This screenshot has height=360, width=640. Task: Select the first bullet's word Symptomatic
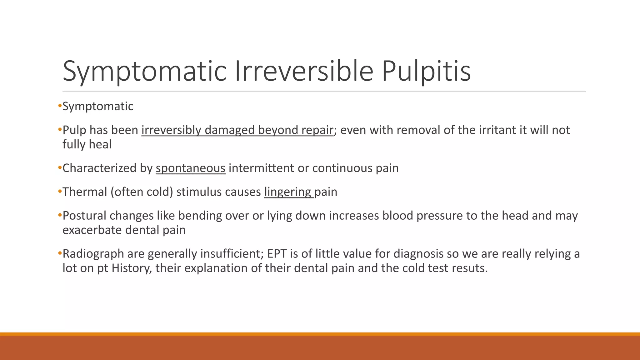(98, 107)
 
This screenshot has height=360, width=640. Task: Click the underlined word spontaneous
(190, 168)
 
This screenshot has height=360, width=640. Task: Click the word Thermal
(85, 192)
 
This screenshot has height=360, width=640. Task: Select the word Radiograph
(93, 254)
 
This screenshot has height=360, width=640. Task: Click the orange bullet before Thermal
(60, 191)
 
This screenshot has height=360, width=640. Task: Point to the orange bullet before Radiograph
(60, 253)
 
